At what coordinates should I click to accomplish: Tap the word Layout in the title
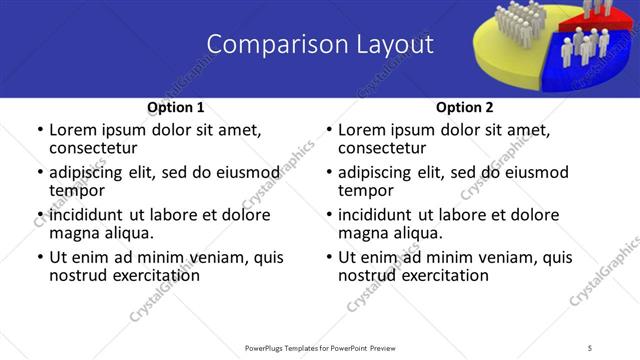click(x=392, y=45)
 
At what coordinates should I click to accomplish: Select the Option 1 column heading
click(x=176, y=108)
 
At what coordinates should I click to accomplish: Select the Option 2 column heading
click(x=464, y=108)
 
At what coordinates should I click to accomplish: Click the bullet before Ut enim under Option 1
click(x=39, y=257)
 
